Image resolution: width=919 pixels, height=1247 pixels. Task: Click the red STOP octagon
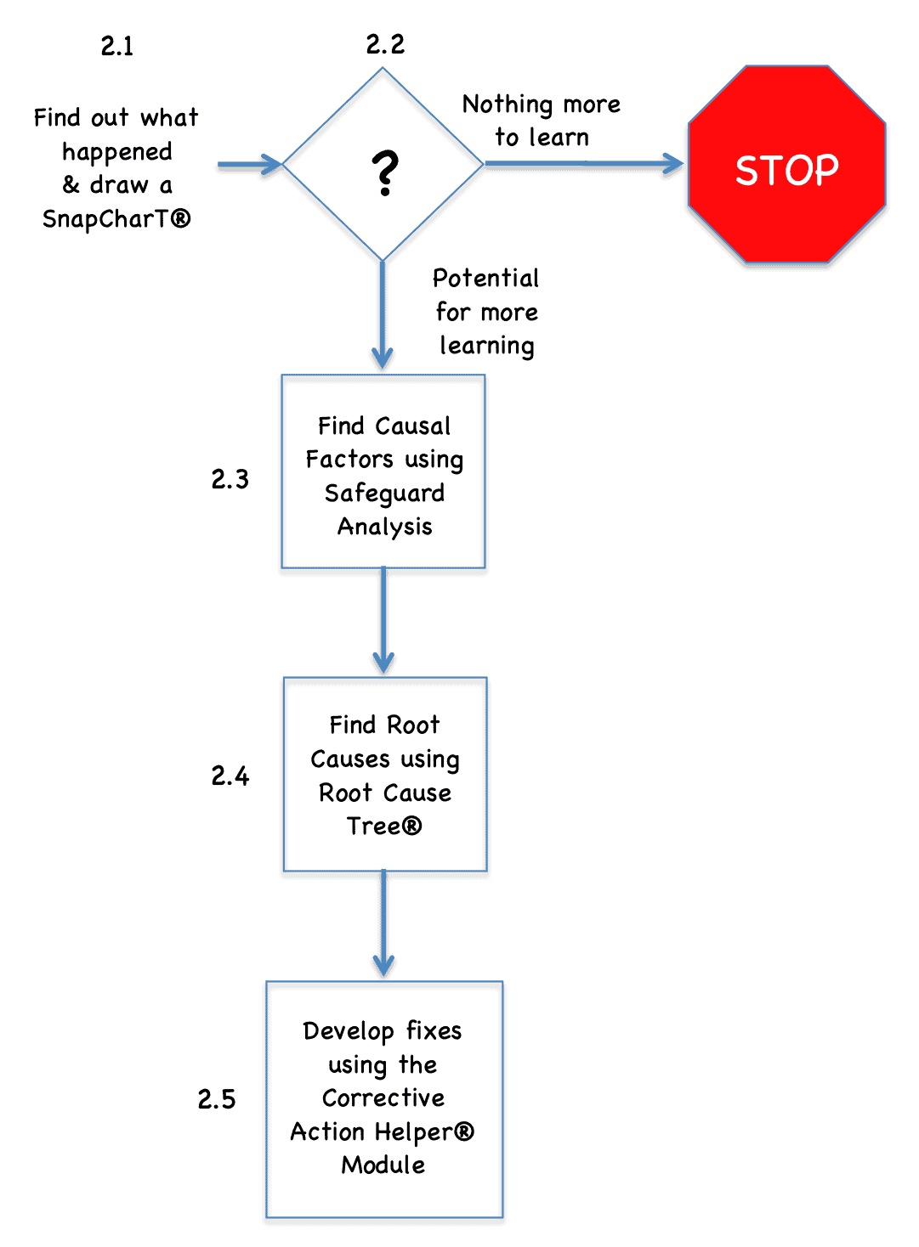coord(786,165)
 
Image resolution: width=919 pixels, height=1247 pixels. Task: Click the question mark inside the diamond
coord(385,173)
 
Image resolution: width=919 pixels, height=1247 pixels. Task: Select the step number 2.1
coord(117,46)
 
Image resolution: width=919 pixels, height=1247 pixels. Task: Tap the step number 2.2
coord(385,44)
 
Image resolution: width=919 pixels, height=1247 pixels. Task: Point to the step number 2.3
coord(230,479)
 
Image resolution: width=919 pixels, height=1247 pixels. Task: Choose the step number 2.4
coord(230,776)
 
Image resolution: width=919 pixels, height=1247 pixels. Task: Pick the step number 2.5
coord(217,1099)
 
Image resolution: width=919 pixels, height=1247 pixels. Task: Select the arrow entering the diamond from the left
coord(249,164)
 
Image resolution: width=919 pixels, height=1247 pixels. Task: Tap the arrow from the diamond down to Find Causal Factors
coord(383,314)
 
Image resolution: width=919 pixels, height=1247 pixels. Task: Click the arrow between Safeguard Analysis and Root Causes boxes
coord(383,620)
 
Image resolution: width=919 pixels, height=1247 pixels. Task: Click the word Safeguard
coord(384,494)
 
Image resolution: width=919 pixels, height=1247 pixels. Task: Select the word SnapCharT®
coord(116,219)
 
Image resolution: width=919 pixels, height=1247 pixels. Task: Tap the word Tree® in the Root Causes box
coord(384,826)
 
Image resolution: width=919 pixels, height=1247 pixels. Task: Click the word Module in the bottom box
coord(383,1165)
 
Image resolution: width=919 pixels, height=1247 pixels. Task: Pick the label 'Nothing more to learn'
coord(542,121)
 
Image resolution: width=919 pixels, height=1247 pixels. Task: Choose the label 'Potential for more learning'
coord(486,312)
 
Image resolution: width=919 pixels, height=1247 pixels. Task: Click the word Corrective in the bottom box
coord(383,1097)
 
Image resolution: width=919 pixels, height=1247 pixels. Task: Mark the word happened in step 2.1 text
coord(117,152)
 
